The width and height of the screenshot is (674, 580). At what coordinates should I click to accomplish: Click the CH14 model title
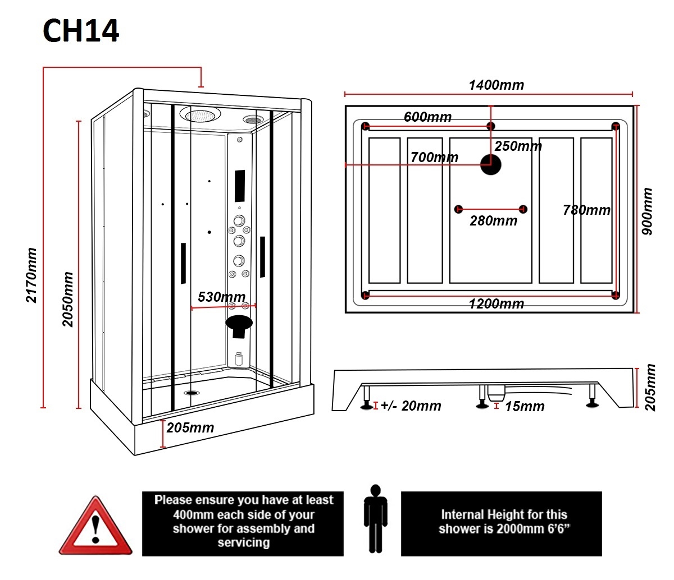click(81, 31)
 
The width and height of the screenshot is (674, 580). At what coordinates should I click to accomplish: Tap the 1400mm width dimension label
click(496, 85)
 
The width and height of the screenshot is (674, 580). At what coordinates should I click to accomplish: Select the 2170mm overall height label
click(31, 275)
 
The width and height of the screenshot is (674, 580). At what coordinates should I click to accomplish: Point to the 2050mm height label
click(68, 300)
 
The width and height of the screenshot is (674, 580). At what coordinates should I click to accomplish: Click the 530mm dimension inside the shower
click(221, 297)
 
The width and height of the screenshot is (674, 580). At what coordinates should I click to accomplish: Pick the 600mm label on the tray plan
click(427, 117)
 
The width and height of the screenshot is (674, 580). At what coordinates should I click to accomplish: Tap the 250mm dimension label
click(518, 146)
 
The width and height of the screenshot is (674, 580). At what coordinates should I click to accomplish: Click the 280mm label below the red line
click(493, 221)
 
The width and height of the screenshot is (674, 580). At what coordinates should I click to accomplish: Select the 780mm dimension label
click(586, 210)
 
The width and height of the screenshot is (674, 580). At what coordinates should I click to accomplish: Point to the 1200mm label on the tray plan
click(496, 304)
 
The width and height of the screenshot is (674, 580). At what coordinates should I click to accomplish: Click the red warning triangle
click(96, 526)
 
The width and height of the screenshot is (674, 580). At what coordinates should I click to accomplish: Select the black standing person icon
click(376, 519)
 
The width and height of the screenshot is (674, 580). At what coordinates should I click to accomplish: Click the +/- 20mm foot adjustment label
click(411, 406)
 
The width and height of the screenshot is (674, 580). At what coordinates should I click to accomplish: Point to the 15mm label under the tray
click(524, 406)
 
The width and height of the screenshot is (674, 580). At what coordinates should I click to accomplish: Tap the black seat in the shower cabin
click(239, 324)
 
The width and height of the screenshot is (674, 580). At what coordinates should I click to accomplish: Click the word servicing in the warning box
click(243, 542)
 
